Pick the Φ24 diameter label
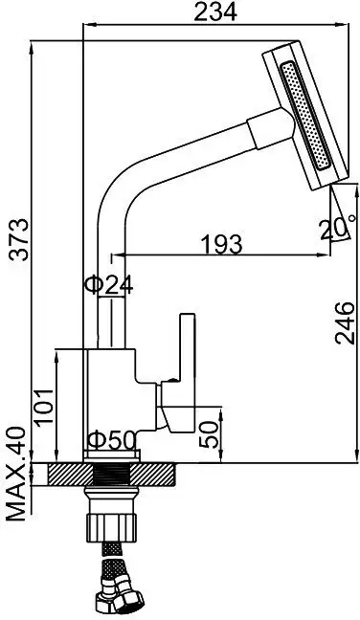tap(107, 284)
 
